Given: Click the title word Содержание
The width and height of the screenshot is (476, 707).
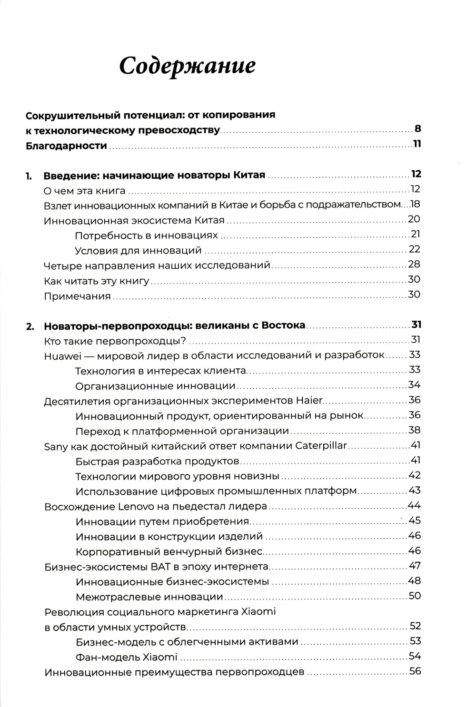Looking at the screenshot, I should (x=187, y=66).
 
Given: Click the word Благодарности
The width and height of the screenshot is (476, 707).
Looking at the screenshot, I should (x=66, y=146).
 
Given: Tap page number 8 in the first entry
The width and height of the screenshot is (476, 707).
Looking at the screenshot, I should (x=417, y=129).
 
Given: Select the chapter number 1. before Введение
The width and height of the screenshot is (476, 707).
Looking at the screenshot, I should (x=29, y=176).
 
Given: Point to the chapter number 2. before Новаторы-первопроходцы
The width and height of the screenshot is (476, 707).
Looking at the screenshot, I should (x=30, y=326).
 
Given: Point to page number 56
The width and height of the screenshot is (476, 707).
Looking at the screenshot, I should (x=415, y=672).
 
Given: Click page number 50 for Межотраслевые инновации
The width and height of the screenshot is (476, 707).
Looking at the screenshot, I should (x=415, y=596).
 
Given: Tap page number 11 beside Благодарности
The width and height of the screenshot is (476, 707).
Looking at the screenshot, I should (x=417, y=144).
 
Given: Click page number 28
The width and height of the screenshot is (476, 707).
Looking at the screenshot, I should (x=414, y=265).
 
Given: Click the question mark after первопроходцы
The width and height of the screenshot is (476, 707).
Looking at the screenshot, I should (x=183, y=341).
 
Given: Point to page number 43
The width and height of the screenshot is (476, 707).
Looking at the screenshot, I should (x=415, y=491).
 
